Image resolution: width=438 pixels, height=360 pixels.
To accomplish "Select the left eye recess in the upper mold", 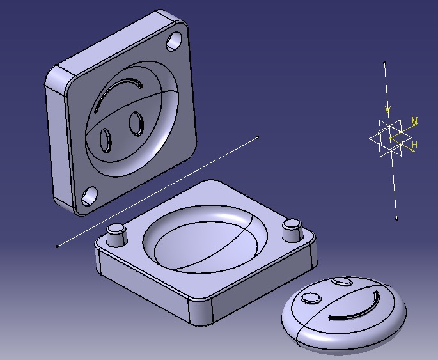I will (x=106, y=141).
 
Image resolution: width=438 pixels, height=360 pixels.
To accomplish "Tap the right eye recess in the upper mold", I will (x=136, y=123).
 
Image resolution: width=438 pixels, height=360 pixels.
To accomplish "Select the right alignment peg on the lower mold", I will (x=292, y=229).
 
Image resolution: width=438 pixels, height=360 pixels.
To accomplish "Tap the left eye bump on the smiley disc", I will (x=311, y=299).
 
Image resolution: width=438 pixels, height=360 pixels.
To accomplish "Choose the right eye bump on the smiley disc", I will (x=343, y=281).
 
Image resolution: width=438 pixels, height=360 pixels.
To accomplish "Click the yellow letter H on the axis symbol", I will (x=414, y=146).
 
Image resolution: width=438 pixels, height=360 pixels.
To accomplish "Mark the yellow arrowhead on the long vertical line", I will (x=387, y=109).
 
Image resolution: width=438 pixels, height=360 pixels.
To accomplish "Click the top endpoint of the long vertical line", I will (x=384, y=63).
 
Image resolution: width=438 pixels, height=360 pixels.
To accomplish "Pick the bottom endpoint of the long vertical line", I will (x=396, y=219).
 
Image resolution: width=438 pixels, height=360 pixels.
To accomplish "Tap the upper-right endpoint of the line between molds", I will (x=258, y=137).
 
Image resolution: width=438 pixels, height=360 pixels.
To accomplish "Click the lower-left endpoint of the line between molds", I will (x=58, y=246).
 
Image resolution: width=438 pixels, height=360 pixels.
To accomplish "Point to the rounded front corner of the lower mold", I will (x=203, y=313).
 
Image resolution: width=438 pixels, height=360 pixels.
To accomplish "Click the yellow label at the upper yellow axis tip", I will (x=414, y=121).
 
